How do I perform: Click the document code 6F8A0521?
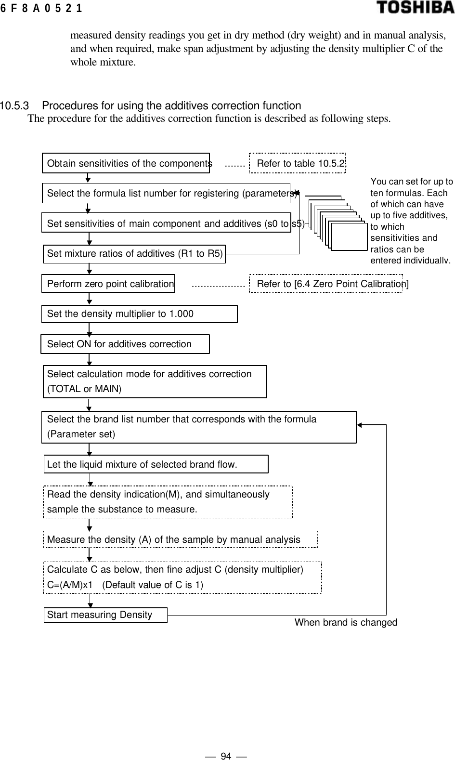41,8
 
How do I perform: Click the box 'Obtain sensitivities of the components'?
126,163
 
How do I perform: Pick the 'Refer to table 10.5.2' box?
299,163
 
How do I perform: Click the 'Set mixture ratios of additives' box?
134,253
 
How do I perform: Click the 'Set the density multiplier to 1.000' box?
139,314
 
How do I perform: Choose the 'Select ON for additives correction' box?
125,344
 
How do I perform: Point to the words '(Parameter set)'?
81,434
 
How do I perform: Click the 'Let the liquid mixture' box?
156,464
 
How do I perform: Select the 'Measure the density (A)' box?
181,539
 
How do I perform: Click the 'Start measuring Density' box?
105,615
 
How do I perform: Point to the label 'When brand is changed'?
346,622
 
